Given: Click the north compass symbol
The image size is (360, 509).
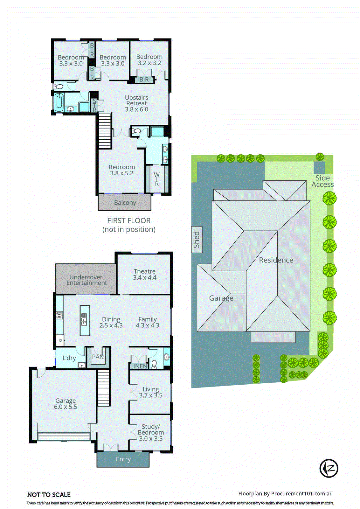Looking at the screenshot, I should pos(329,468).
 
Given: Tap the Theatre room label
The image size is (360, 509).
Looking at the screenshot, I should pos(144,271).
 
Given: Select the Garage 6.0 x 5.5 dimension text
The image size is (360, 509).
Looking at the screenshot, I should pos(66,407).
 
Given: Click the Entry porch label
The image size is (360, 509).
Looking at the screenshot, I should pos(123,459).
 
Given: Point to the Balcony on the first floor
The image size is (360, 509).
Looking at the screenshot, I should pos(125,203).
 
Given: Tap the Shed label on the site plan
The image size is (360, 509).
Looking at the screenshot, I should pos(197,240).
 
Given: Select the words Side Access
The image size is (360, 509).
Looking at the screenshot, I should pos(322,181).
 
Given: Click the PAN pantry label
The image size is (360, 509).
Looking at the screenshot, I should pos(98,357).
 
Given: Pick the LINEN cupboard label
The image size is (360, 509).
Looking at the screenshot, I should pos(139,366).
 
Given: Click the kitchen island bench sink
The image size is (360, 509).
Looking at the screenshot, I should pos(84,319).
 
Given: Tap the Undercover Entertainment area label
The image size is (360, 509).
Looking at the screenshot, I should pos(86,280).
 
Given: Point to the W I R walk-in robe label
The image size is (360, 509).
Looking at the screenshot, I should pos(157,179).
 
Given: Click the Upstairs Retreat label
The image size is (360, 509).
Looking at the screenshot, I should pos(136,101).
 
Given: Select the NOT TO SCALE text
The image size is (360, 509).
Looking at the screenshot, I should pos(49,495).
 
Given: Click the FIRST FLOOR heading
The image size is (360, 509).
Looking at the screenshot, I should pos(129,221).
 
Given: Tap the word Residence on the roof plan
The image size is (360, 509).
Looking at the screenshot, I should pos(276,260).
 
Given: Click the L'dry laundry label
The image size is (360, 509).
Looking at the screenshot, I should pos(69,358).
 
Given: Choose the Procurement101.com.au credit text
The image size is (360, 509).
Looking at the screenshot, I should pos(285,494).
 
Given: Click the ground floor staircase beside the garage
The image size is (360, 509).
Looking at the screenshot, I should pos(103,388).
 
